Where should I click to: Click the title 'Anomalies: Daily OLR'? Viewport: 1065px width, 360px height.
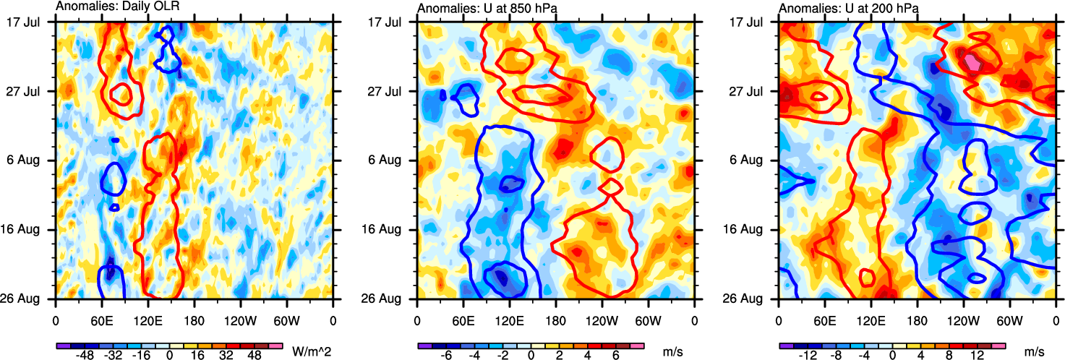pos(117,8)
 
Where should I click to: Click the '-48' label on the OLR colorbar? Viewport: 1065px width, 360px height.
pos(85,356)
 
